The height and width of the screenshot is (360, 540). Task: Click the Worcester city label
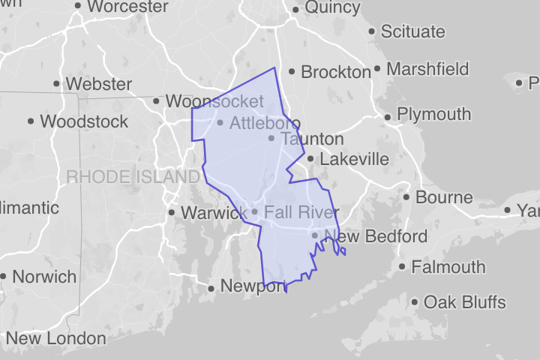(x=127, y=7)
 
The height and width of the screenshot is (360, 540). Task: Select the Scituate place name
(x=412, y=31)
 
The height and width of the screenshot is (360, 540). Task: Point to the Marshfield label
(x=429, y=69)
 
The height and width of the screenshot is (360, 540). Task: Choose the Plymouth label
(x=433, y=115)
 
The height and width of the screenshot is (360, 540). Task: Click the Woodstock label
(x=84, y=121)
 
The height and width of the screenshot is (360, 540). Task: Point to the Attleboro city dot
(x=220, y=123)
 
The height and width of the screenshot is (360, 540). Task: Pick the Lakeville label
(x=354, y=159)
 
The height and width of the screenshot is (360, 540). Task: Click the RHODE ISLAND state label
(x=133, y=177)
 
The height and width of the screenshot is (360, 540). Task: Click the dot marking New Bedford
(x=315, y=236)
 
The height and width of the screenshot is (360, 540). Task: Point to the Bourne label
(x=444, y=198)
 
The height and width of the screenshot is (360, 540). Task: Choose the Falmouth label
(x=448, y=267)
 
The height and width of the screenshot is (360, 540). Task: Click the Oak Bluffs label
(x=464, y=303)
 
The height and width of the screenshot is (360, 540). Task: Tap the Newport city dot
(x=212, y=288)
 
